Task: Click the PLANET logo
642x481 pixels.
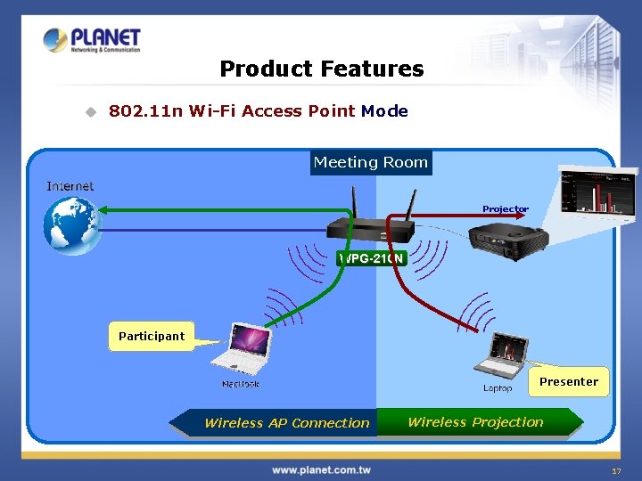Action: [92, 40]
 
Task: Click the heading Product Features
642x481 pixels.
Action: [321, 69]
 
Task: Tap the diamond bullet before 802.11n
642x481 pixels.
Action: [89, 111]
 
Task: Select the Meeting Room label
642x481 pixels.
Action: [371, 162]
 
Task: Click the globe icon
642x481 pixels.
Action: [74, 224]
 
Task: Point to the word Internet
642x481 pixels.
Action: [70, 185]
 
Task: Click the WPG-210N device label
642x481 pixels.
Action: [372, 258]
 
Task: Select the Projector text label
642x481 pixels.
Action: [506, 209]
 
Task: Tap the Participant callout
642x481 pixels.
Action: [152, 336]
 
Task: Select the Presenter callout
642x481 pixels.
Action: [568, 381]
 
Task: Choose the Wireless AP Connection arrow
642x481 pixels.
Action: [276, 423]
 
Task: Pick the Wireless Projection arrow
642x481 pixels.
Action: [479, 422]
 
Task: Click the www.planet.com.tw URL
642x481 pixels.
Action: [321, 469]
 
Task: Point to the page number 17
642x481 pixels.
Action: [615, 471]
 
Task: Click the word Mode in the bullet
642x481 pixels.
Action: [384, 111]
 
